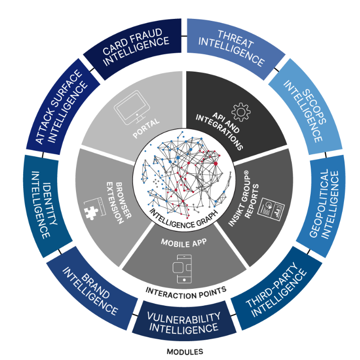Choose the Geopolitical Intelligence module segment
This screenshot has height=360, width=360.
321,203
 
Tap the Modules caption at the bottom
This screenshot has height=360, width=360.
184,352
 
